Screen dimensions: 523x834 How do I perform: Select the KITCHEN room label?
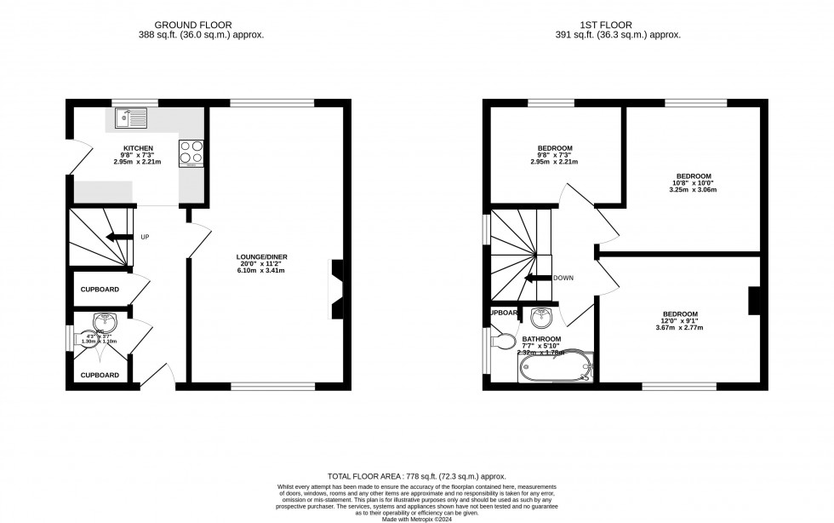(x=137, y=147)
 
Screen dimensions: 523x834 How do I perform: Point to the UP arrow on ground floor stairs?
(x=120, y=237)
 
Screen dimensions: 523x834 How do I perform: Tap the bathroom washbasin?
(x=540, y=319)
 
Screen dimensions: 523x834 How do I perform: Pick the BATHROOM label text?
(x=540, y=338)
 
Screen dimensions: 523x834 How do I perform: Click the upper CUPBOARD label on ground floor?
(x=100, y=290)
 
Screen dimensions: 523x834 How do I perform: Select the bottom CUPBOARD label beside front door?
(x=100, y=375)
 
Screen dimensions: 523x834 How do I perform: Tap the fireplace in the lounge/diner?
(x=337, y=288)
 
